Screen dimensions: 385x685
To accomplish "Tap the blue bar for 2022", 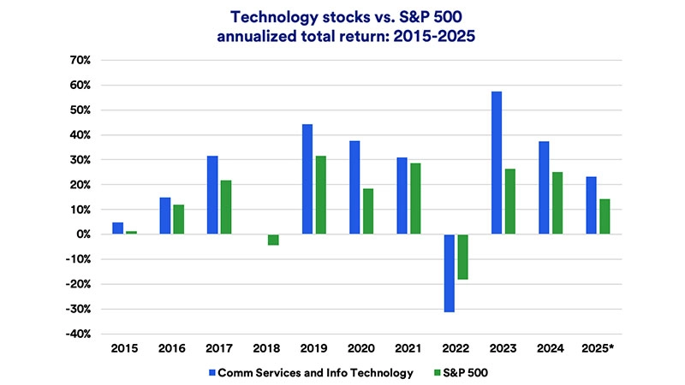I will click(x=449, y=273).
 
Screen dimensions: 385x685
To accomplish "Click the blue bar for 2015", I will click(x=118, y=228).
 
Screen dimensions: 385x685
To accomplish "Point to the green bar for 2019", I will click(x=320, y=195).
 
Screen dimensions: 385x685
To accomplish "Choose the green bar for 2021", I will click(x=414, y=198).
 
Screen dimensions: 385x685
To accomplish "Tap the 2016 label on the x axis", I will click(x=171, y=347).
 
